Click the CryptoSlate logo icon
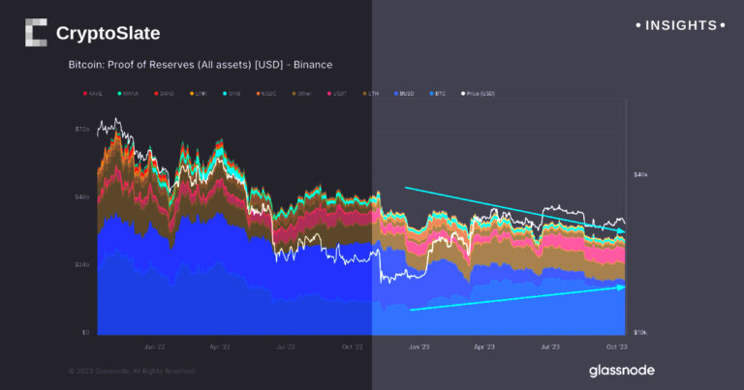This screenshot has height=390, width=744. coord(36,33)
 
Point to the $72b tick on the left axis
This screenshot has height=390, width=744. coord(81,129)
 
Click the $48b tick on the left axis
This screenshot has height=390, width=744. coord(81,196)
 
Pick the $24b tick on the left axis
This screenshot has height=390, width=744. coord(81,264)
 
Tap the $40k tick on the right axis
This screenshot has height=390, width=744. coord(640,174)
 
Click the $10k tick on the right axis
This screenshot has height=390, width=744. coord(640,332)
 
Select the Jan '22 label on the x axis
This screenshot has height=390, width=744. coord(154,345)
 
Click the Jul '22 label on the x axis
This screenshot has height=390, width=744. coord(285,345)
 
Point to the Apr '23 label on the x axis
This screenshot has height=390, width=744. coord(484,345)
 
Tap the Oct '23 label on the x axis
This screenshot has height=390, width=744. coord(616,345)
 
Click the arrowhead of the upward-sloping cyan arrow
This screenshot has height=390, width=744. coord(622,286)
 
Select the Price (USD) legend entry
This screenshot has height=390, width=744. coord(480,94)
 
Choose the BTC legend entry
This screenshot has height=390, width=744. coord(438,94)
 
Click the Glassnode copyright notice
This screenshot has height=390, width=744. coord(133,371)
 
